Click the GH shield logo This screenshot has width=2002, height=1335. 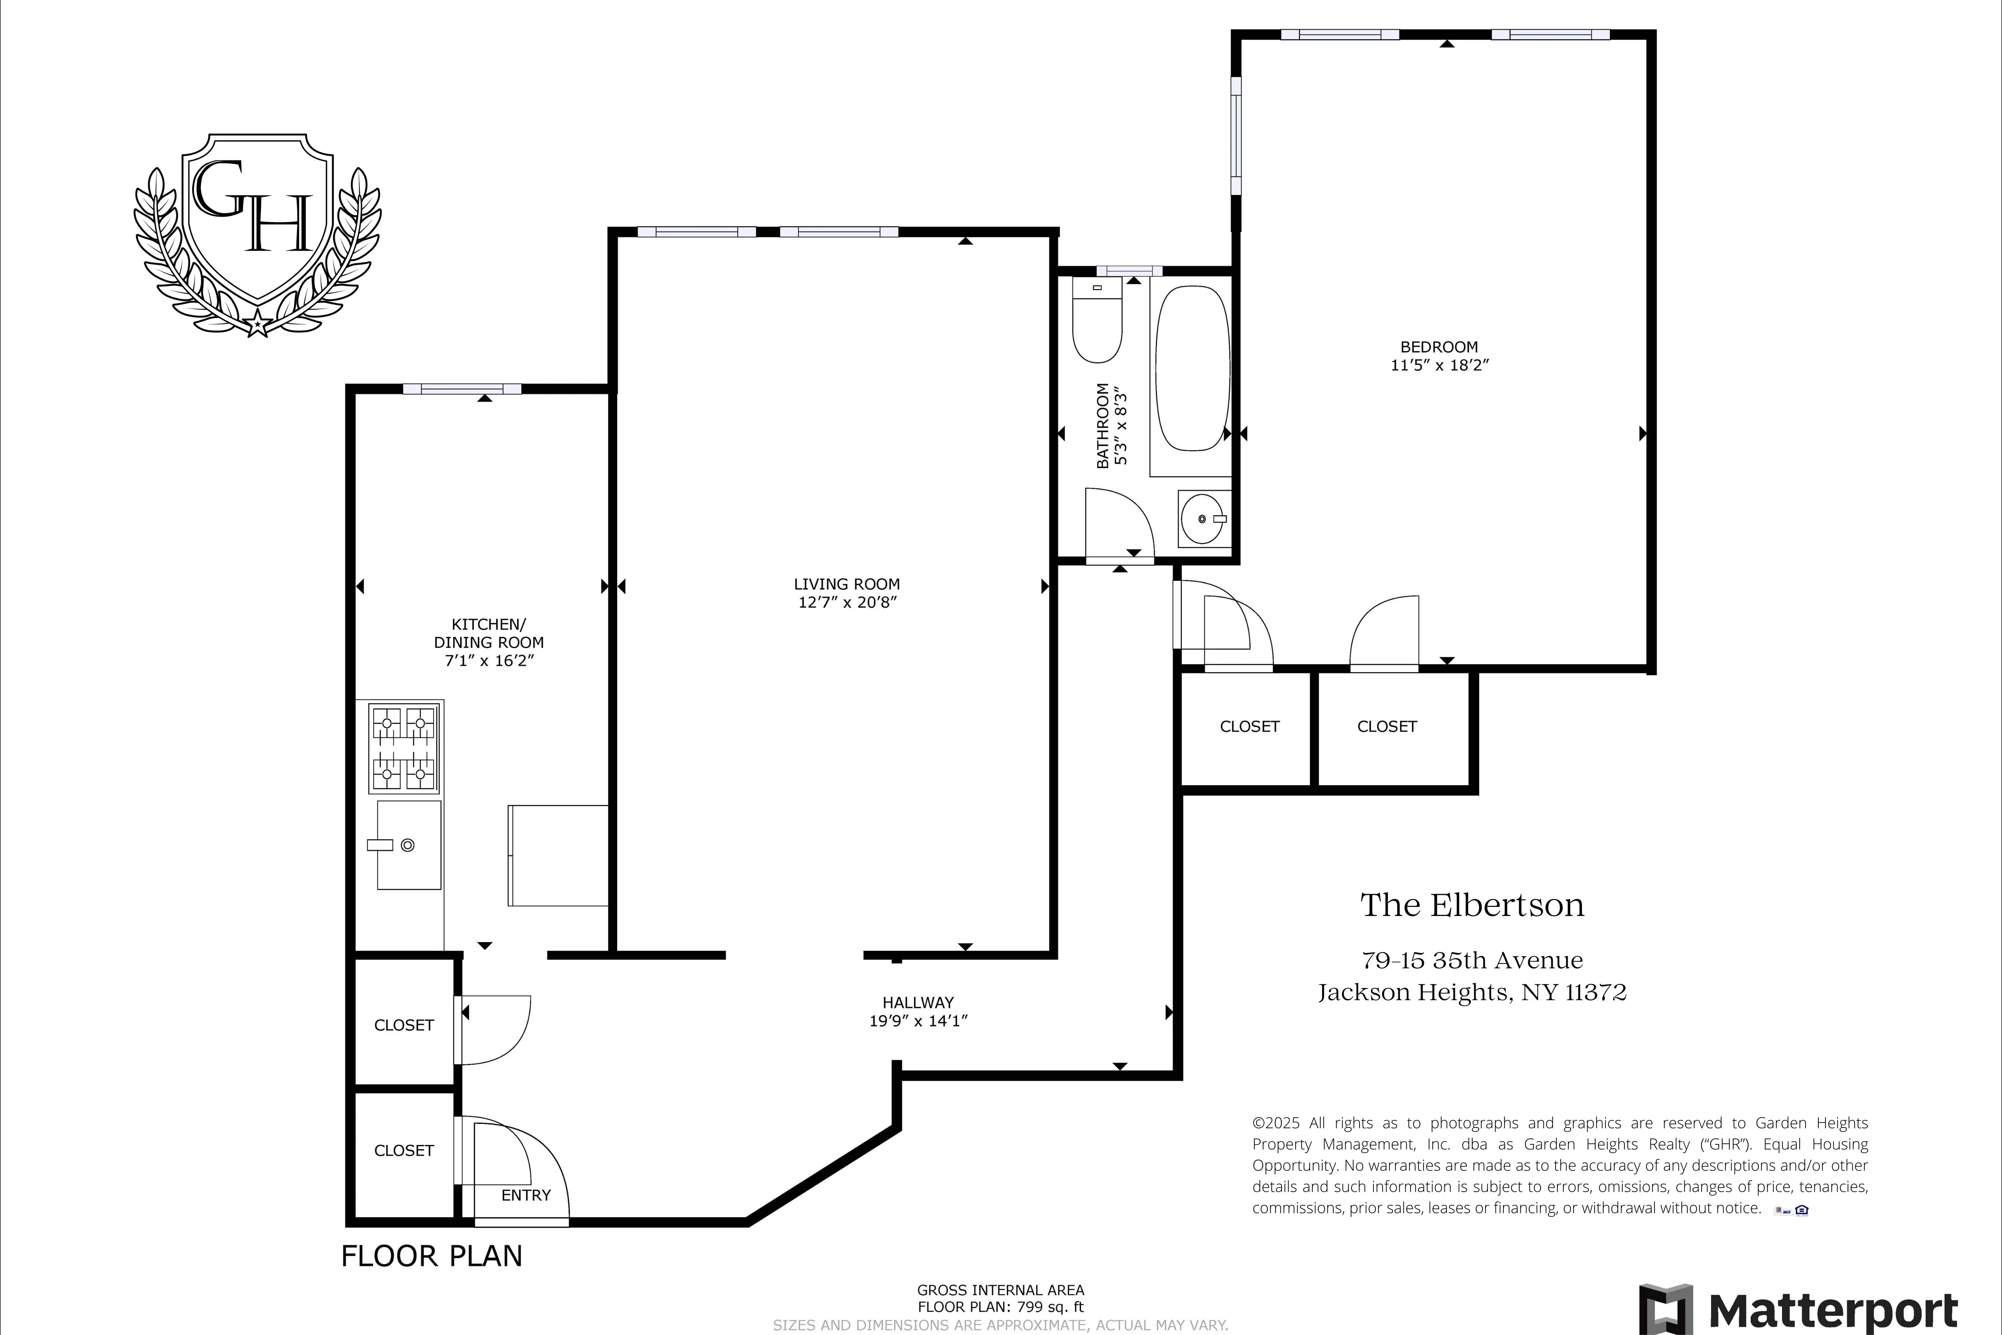pyautogui.click(x=257, y=230)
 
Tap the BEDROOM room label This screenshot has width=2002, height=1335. pyautogui.click(x=1439, y=347)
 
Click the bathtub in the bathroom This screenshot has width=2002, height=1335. pyautogui.click(x=1192, y=368)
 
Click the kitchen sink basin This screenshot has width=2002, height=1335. pyautogui.click(x=409, y=845)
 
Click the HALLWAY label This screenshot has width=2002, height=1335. pyautogui.click(x=918, y=1002)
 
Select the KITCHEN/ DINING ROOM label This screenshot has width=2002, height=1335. pyautogui.click(x=488, y=633)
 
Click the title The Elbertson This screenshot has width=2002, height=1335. pyautogui.click(x=1472, y=905)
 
